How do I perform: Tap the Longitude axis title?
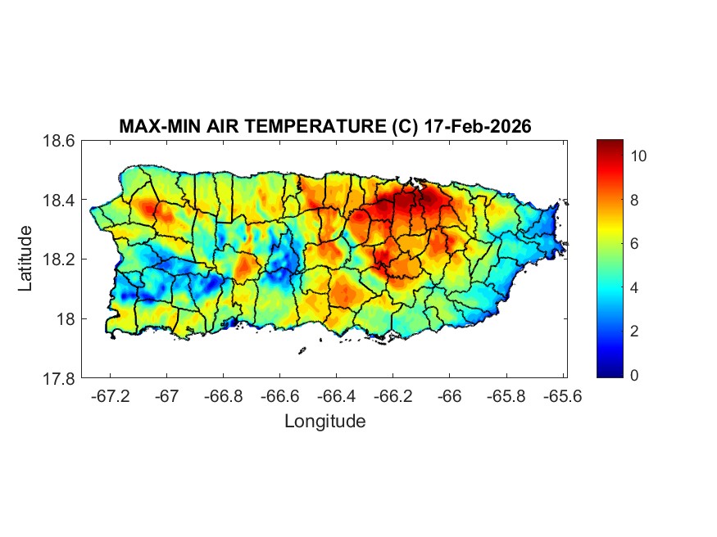pyautogui.click(x=324, y=422)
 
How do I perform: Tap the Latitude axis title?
pyautogui.click(x=25, y=259)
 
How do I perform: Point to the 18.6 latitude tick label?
pyautogui.click(x=59, y=141)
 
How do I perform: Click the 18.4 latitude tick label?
pyautogui.click(x=59, y=201)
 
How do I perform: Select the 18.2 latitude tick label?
pyautogui.click(x=59, y=259)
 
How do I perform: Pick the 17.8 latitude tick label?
pyautogui.click(x=59, y=378)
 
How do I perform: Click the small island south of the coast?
pyautogui.click(x=302, y=351)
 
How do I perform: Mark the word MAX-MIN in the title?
pyautogui.click(x=152, y=127)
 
